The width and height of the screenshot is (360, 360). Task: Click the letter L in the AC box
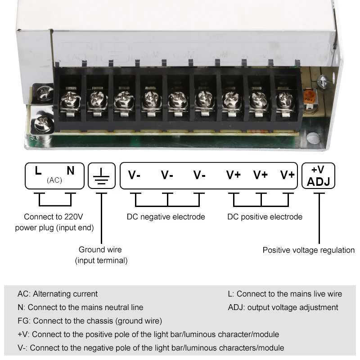(x=39, y=171)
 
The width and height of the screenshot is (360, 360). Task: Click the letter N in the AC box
(x=71, y=171)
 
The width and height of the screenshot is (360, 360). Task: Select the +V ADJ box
(x=318, y=175)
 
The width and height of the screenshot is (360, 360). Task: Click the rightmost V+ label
(x=288, y=175)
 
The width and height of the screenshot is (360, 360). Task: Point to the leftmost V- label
(x=135, y=175)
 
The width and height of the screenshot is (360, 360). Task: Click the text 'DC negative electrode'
(x=166, y=217)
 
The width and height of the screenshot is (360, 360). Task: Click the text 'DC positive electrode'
(x=265, y=217)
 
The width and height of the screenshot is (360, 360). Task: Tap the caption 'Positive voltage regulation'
(x=309, y=250)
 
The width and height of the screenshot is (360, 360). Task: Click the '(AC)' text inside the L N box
(x=54, y=180)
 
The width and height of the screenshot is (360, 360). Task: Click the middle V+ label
(x=261, y=175)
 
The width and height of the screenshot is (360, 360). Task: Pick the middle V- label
(x=167, y=175)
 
